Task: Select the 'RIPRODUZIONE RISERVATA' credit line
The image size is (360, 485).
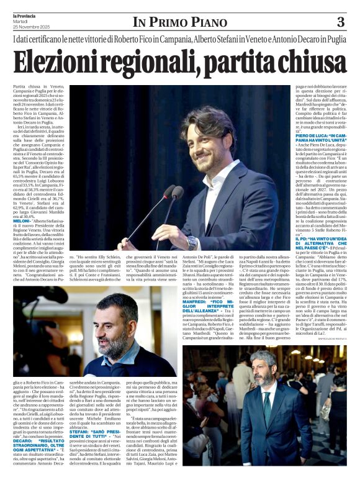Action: click(x=327, y=337)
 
